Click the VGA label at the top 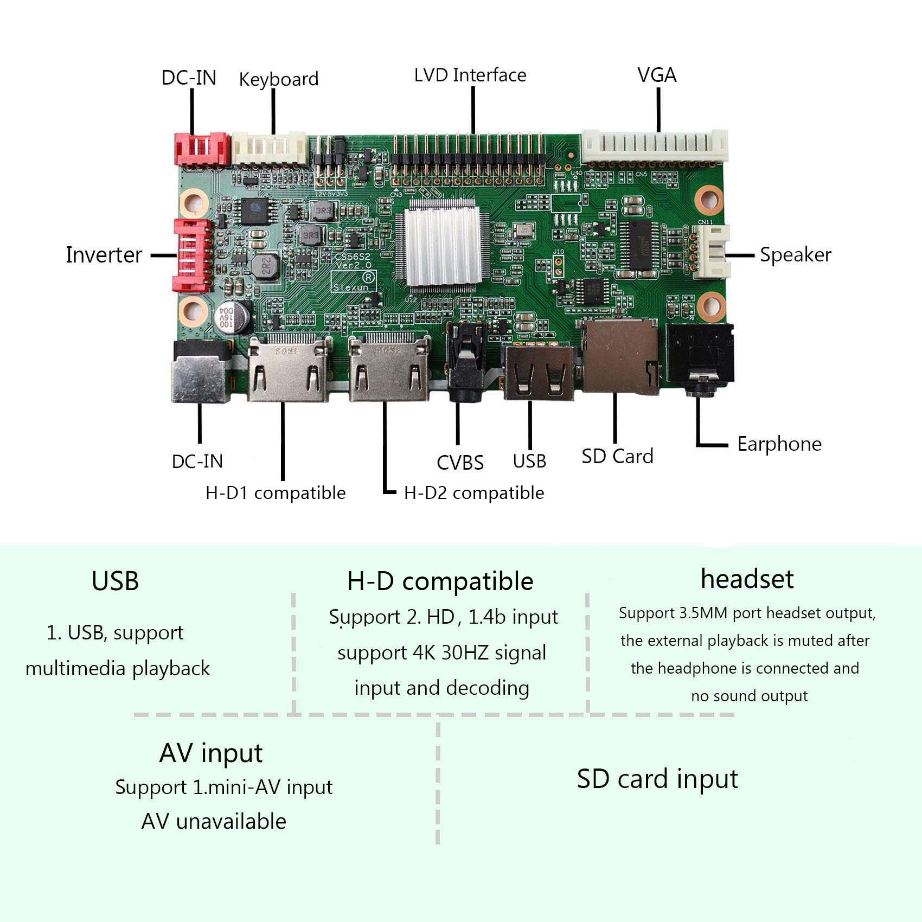point(657,75)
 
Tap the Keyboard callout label point(278,80)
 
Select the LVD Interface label point(470,75)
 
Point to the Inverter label point(104,255)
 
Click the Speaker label point(795,255)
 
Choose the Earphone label point(779,444)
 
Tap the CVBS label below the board point(460,463)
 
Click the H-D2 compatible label point(474,492)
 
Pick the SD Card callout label point(617,456)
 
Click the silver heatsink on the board point(443,242)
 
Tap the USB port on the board point(539,373)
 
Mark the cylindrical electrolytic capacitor point(233,318)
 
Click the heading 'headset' point(747,579)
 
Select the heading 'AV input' point(211,753)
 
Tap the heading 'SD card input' point(657,779)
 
